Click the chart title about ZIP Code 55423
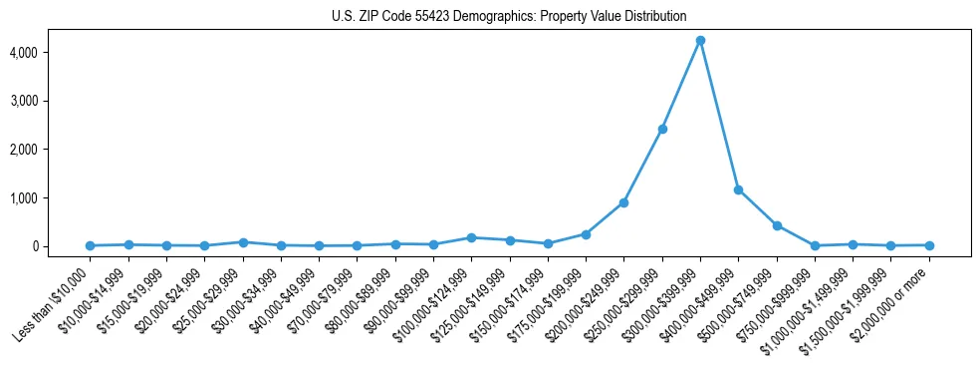509,16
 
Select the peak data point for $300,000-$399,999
700,40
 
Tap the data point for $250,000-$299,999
662,129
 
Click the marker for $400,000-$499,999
738,189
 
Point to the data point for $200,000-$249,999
623,202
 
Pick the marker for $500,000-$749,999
777,225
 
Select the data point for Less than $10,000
91,245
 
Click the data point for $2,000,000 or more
929,245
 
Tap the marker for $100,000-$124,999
471,237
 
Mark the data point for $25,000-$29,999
243,242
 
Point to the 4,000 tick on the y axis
52,52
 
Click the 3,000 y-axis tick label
52,101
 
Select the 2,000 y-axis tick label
52,150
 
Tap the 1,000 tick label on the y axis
52,198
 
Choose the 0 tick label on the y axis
62,246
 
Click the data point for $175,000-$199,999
586,234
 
